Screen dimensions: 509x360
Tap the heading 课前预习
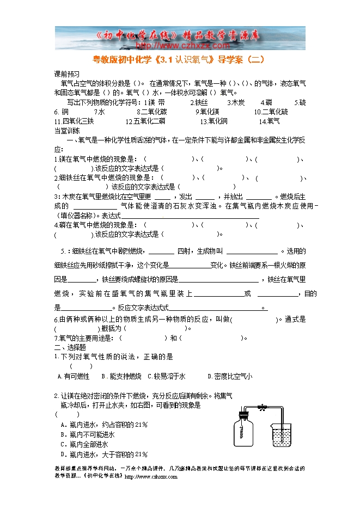tap(67, 74)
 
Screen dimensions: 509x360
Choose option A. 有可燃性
tap(74, 376)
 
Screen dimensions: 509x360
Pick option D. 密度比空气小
tap(230, 376)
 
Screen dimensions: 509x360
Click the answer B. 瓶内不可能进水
tap(88, 434)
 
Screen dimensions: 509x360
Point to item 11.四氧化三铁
tap(74, 121)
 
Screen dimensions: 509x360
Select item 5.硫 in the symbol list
tap(300, 102)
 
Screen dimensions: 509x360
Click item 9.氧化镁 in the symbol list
tap(207, 112)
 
